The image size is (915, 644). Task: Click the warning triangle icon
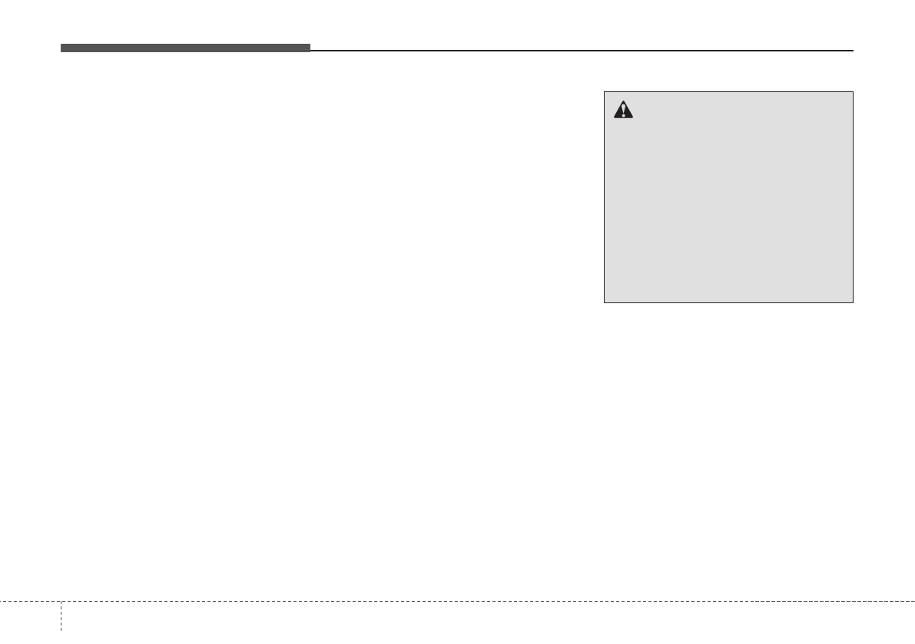tap(623, 111)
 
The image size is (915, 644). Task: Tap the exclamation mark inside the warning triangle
tap(623, 112)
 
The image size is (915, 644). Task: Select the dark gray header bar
tap(185, 48)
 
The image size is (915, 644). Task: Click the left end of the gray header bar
tap(62, 48)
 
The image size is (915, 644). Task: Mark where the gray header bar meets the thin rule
tap(310, 50)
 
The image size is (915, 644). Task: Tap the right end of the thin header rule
tap(853, 51)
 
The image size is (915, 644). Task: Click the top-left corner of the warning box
tap(605, 92)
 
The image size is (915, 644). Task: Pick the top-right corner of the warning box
tap(853, 92)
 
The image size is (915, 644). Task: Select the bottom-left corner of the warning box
tap(605, 302)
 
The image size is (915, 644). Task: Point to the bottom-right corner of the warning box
tap(853, 302)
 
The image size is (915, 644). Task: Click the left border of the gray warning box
tap(605, 197)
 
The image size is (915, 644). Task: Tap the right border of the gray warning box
tap(853, 197)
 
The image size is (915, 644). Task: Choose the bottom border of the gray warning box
tap(728, 302)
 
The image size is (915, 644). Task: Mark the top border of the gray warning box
tap(728, 92)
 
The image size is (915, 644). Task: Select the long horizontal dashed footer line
tap(461, 600)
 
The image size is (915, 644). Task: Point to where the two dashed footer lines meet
tap(61, 600)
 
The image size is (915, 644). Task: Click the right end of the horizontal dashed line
tap(913, 600)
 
